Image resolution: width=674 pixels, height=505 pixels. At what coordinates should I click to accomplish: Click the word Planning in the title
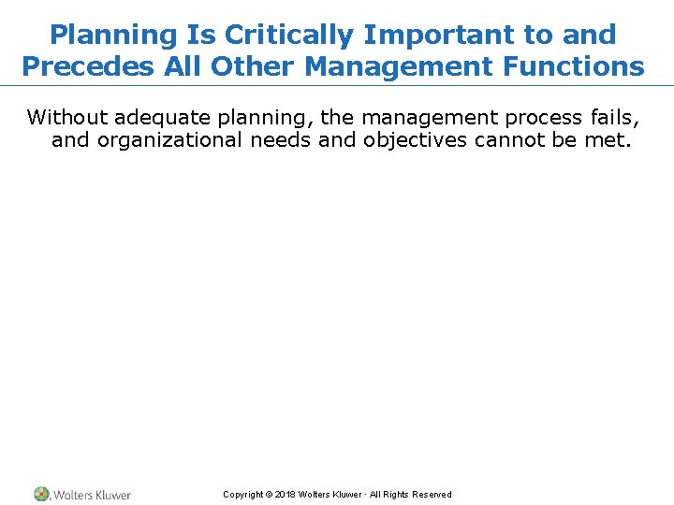coord(111,36)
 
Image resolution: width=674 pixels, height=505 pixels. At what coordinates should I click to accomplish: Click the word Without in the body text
coord(67,118)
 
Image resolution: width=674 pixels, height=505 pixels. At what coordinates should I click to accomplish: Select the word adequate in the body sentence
coord(163,118)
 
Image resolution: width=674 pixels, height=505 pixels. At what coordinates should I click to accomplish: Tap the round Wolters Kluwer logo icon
coord(42,494)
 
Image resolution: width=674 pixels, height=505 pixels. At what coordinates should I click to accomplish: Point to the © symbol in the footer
coord(268,495)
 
